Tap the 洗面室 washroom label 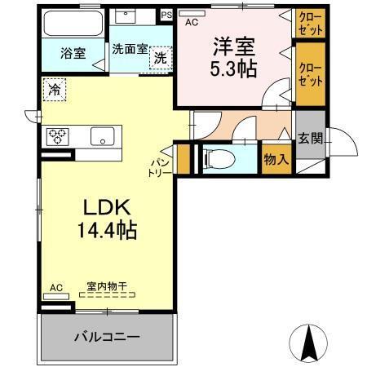click(x=129, y=48)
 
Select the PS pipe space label click(x=166, y=14)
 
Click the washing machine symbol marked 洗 click(x=161, y=58)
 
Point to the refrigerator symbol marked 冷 click(x=54, y=88)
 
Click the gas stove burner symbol click(x=60, y=136)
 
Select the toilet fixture click(x=222, y=158)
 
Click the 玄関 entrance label click(x=310, y=138)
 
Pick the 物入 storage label click(x=276, y=159)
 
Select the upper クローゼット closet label click(x=309, y=22)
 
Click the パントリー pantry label click(x=158, y=168)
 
